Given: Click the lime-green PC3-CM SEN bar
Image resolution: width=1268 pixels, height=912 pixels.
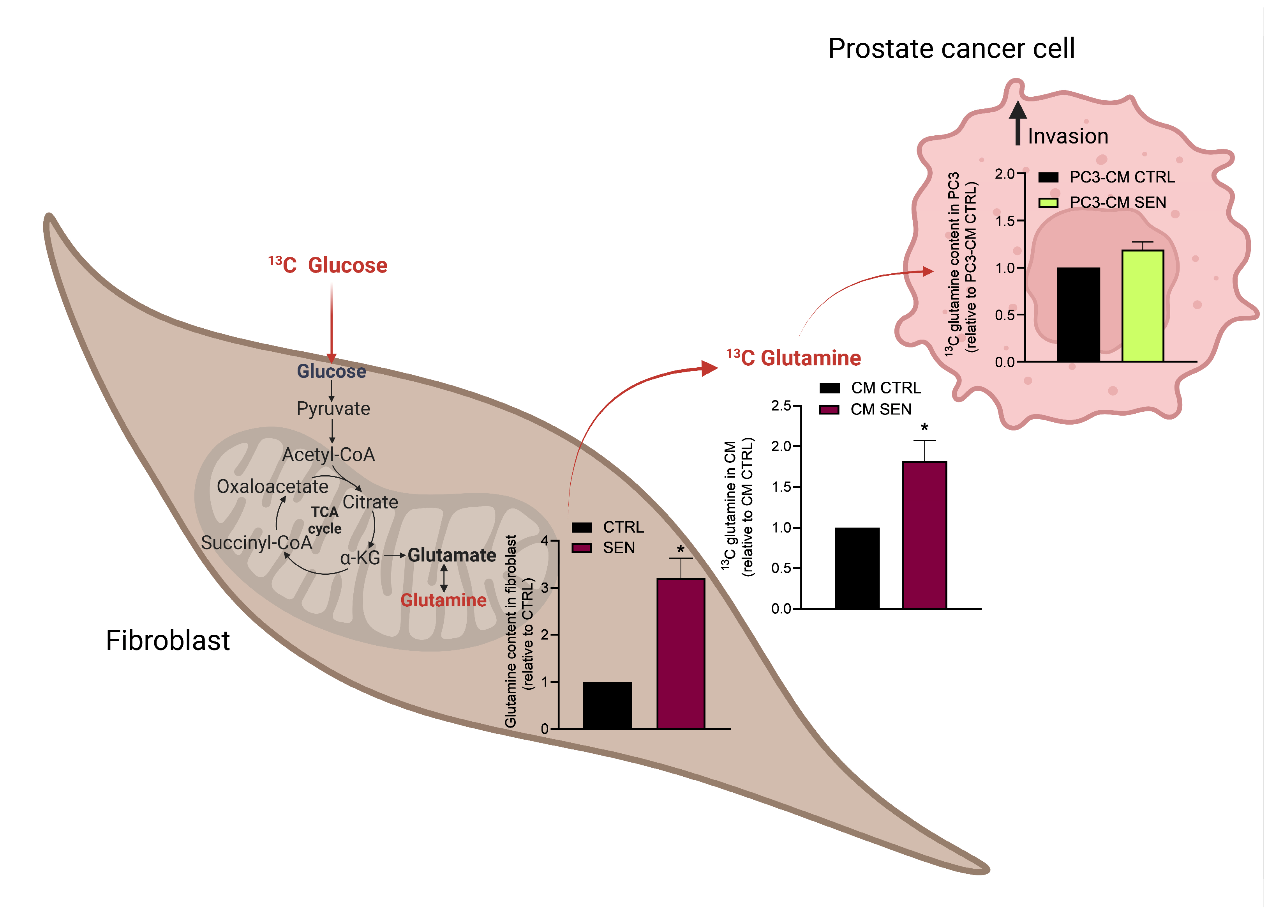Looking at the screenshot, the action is [x=1143, y=305].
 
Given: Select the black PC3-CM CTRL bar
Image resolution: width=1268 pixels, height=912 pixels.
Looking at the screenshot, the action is [x=1078, y=314].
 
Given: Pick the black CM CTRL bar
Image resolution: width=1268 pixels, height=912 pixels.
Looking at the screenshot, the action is [x=857, y=568].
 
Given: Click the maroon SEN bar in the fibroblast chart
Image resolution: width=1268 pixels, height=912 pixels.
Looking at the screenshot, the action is [x=681, y=653].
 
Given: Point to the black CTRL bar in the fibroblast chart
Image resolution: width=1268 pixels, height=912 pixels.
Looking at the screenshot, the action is [x=608, y=705].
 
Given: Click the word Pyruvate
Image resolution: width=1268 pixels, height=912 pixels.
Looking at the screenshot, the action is [x=333, y=409].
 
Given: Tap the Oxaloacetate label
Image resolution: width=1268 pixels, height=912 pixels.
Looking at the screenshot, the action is [x=272, y=486].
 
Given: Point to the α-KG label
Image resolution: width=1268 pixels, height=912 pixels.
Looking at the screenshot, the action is [x=360, y=558].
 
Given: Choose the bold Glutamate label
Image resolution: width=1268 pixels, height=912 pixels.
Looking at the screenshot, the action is [x=452, y=555].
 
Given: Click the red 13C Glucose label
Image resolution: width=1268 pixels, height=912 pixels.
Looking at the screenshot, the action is [x=328, y=265].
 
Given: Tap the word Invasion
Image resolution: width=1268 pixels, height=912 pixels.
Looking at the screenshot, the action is [x=1068, y=136].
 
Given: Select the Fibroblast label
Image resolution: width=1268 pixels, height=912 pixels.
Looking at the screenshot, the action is [x=168, y=640].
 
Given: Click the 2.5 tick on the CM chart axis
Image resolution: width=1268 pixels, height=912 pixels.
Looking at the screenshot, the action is [x=781, y=406].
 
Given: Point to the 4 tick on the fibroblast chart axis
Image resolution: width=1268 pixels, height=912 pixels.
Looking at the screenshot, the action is [x=545, y=540].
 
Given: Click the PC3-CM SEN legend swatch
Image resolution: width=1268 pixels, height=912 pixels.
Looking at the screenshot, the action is [x=1048, y=202].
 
